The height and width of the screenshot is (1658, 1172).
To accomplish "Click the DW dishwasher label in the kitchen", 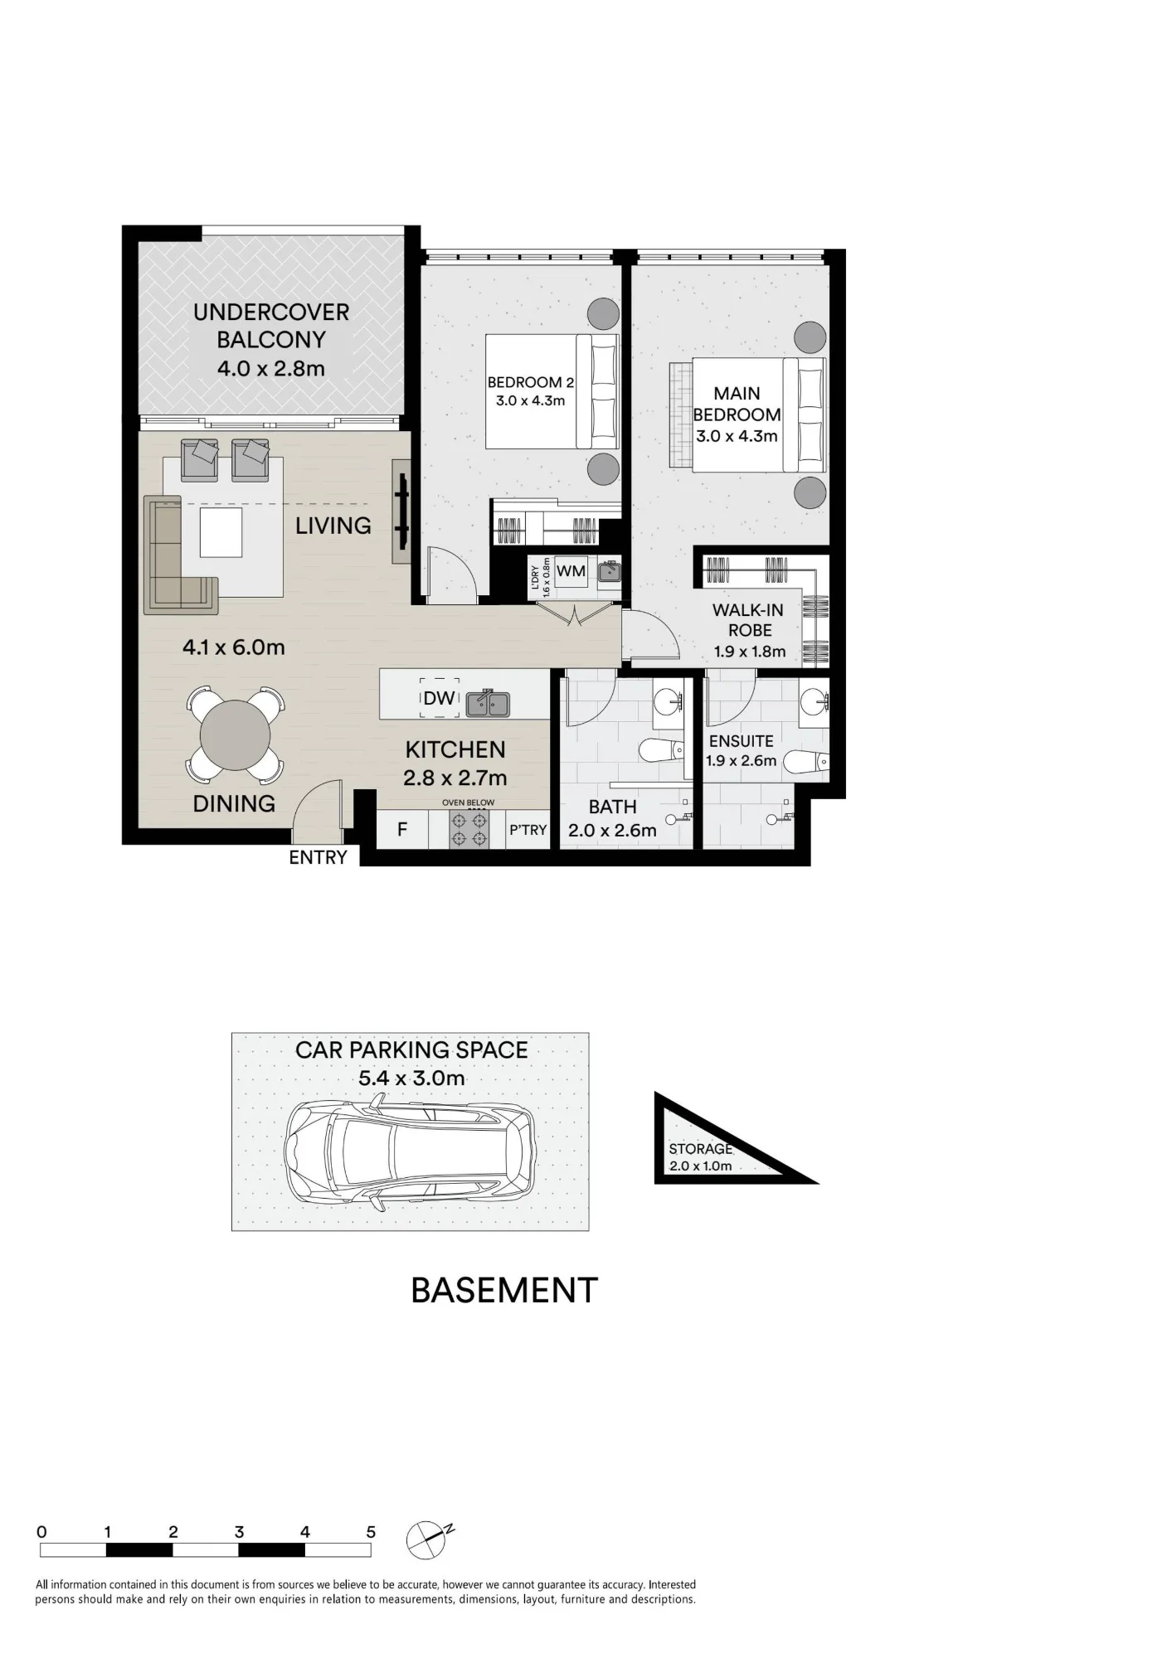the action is click(439, 698).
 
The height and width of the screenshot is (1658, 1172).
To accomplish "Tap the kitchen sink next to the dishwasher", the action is click(489, 703).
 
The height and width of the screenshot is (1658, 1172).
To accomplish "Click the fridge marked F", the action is click(402, 829).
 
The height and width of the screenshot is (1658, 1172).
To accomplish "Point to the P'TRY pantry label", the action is click(528, 829).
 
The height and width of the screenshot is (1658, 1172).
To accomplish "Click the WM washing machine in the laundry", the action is click(571, 571).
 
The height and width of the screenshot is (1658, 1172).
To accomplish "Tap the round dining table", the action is click(235, 735).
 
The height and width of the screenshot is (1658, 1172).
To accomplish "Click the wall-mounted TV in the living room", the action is click(402, 511).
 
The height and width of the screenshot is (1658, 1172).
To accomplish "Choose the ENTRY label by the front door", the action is click(318, 858).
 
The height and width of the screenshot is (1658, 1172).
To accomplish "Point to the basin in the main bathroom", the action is click(667, 702).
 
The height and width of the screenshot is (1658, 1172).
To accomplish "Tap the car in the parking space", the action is click(410, 1151).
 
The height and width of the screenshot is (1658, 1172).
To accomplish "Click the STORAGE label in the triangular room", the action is click(701, 1149).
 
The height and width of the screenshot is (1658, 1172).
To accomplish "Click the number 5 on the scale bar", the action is click(371, 1532).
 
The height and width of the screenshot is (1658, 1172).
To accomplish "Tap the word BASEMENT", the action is click(504, 1291).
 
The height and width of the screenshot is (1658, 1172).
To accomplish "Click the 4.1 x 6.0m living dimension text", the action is click(234, 647).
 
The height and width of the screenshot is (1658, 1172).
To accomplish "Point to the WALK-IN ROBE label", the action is click(748, 620).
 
